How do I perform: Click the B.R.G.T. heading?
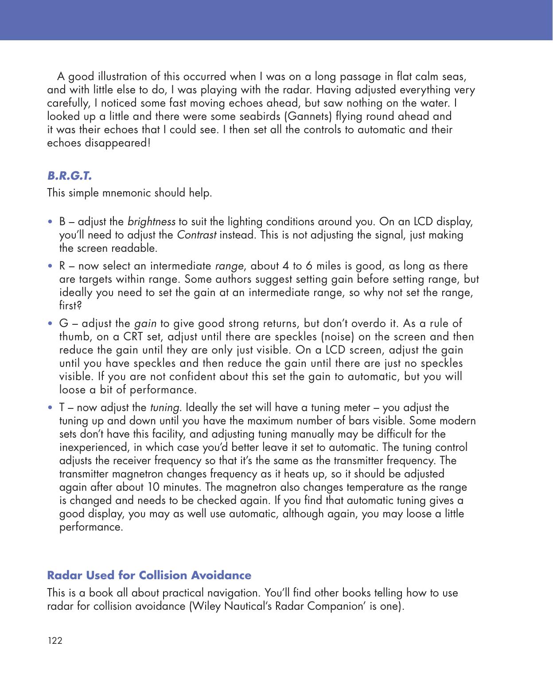click(70, 176)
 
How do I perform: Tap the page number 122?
click(55, 641)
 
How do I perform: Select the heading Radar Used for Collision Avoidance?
click(149, 575)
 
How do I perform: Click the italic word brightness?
click(151, 221)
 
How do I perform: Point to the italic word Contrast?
click(196, 235)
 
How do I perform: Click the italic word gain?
click(145, 323)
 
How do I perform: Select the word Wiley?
click(206, 606)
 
